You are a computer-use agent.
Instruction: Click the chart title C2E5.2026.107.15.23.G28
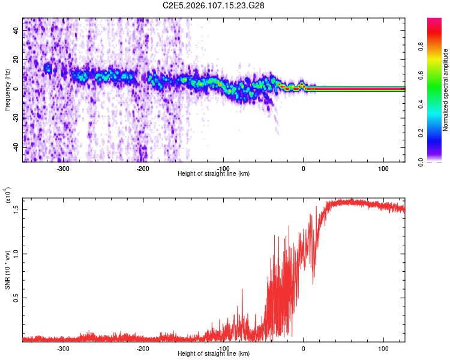pyautogui.click(x=214, y=5)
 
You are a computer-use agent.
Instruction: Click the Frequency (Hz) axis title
pyautogui.click(x=7, y=90)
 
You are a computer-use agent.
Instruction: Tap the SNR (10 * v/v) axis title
pyautogui.click(x=7, y=269)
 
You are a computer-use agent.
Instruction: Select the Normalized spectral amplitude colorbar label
pyautogui.click(x=446, y=90)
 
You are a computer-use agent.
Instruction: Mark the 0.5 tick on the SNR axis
pyautogui.click(x=17, y=297)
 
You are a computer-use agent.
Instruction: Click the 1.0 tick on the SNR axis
pyautogui.click(x=17, y=253)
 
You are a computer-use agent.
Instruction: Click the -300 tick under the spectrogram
pyautogui.click(x=63, y=168)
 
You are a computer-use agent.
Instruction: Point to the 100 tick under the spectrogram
pyautogui.click(x=383, y=168)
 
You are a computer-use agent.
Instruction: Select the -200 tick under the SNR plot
pyautogui.click(x=143, y=348)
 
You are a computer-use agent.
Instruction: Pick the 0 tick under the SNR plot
pyautogui.click(x=303, y=348)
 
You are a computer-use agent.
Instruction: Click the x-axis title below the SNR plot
pyautogui.click(x=214, y=354)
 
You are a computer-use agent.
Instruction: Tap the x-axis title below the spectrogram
pyautogui.click(x=214, y=174)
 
